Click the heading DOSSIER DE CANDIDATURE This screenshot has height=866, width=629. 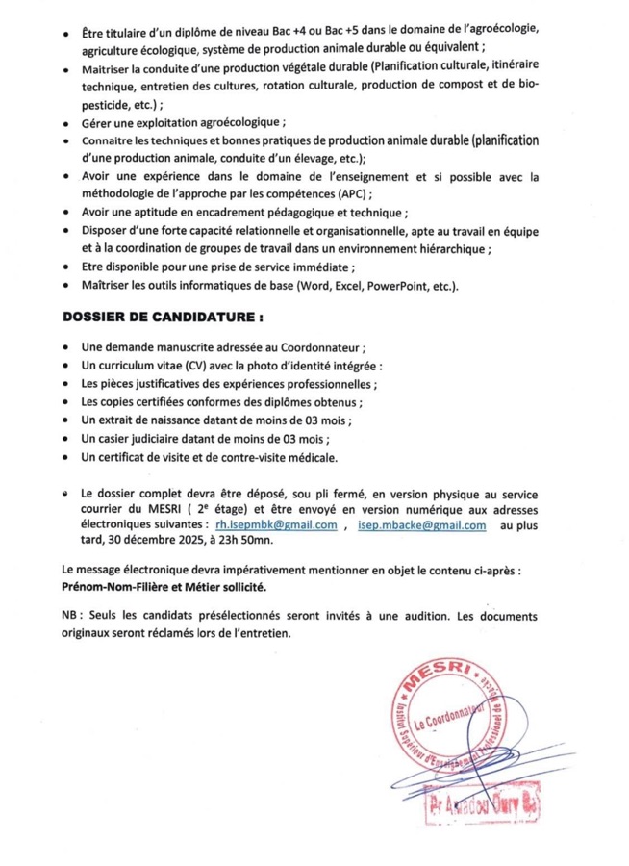coord(164,317)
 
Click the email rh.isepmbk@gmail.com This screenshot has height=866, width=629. coord(276,525)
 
